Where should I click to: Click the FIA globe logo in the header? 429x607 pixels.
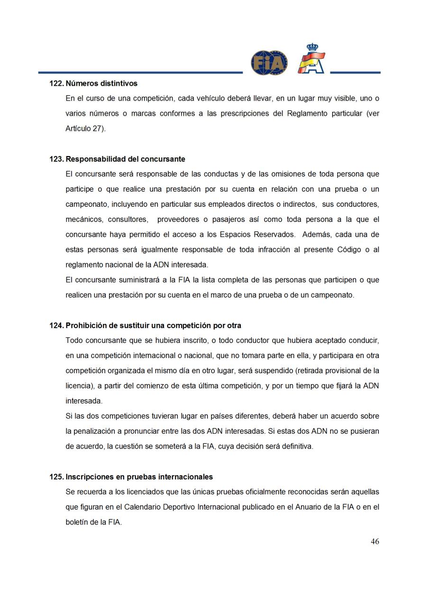[269, 63]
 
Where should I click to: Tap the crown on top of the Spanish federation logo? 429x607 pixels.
[312, 47]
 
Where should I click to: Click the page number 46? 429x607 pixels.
[374, 542]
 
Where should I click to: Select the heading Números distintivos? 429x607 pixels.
[101, 83]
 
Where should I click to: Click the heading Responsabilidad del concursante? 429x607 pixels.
[125, 159]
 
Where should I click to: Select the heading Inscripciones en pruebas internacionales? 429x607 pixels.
[139, 477]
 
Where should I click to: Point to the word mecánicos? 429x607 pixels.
[83, 220]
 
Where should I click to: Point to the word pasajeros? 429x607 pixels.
[232, 220]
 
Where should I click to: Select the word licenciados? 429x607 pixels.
[133, 492]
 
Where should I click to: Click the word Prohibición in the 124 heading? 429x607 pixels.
[85, 325]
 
